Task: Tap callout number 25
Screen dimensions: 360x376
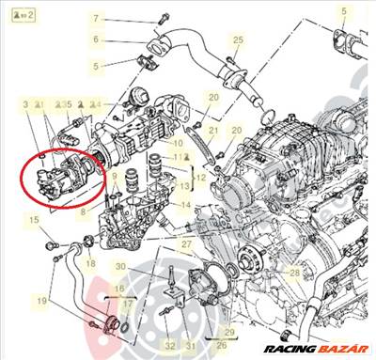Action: (x=238, y=39)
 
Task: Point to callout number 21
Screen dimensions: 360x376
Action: (x=214, y=130)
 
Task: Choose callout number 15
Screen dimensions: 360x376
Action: (x=33, y=219)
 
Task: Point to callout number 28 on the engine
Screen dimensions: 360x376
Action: (x=294, y=273)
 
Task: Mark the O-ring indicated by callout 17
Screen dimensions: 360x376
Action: (x=115, y=327)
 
